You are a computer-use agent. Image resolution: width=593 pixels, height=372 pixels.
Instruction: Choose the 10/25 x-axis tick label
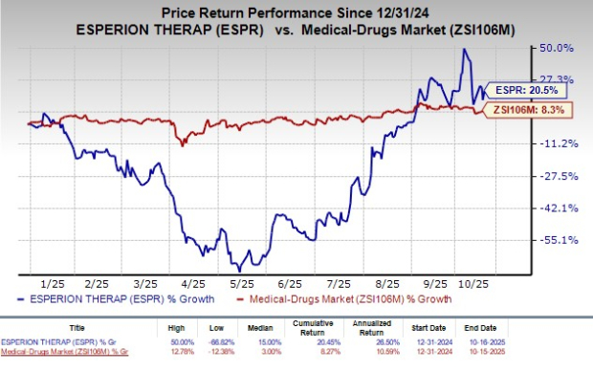[x=488, y=284]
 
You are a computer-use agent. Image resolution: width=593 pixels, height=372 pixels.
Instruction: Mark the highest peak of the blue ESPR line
[x=464, y=50]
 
